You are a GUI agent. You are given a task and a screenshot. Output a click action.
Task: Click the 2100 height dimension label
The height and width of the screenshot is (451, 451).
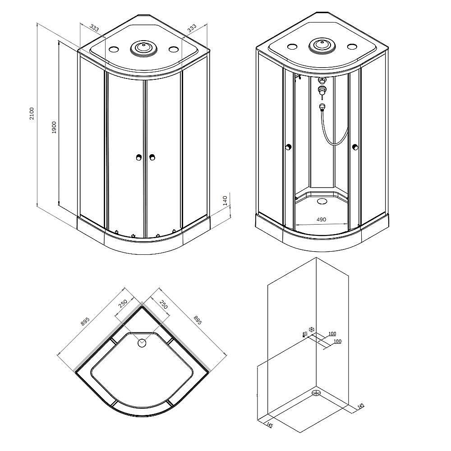point(32,113)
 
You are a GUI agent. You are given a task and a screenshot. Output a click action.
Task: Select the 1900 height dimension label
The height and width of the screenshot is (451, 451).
point(54,127)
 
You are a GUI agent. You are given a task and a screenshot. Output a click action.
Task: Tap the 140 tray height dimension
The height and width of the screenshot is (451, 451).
point(225,201)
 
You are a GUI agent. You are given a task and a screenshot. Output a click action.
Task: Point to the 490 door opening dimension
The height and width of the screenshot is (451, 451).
point(321,220)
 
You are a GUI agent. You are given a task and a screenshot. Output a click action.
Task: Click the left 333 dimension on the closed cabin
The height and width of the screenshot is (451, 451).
point(94,28)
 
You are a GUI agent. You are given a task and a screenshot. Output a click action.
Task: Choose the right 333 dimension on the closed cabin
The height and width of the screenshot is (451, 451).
point(192,28)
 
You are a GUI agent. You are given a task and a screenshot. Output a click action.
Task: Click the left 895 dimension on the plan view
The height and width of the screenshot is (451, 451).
point(85,321)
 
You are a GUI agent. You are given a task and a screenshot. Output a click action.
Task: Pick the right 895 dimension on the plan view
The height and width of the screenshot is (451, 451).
point(198,320)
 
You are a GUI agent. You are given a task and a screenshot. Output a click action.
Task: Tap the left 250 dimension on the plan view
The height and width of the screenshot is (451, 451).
point(123,304)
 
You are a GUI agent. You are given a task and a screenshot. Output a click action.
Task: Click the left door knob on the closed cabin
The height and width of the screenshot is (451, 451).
point(139,157)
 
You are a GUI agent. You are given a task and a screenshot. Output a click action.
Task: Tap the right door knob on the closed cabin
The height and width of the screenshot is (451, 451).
point(152,157)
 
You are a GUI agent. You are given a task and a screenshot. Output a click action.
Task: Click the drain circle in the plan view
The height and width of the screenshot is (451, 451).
point(142,343)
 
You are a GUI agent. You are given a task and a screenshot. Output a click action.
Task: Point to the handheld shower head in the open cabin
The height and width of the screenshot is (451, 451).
point(322,107)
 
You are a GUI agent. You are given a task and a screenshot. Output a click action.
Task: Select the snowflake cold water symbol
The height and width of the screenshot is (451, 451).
point(312,329)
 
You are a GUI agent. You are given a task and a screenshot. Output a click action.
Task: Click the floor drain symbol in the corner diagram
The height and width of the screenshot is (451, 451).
point(316,392)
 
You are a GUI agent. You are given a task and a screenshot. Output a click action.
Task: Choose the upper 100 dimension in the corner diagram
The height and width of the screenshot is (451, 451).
point(332,334)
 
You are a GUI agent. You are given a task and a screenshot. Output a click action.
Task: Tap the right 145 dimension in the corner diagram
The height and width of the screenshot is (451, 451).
point(360,406)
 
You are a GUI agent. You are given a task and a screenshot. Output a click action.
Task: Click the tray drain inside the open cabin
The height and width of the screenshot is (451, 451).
point(322,201)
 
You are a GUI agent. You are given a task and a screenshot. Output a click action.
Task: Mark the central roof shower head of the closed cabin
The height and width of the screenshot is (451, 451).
point(143,47)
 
